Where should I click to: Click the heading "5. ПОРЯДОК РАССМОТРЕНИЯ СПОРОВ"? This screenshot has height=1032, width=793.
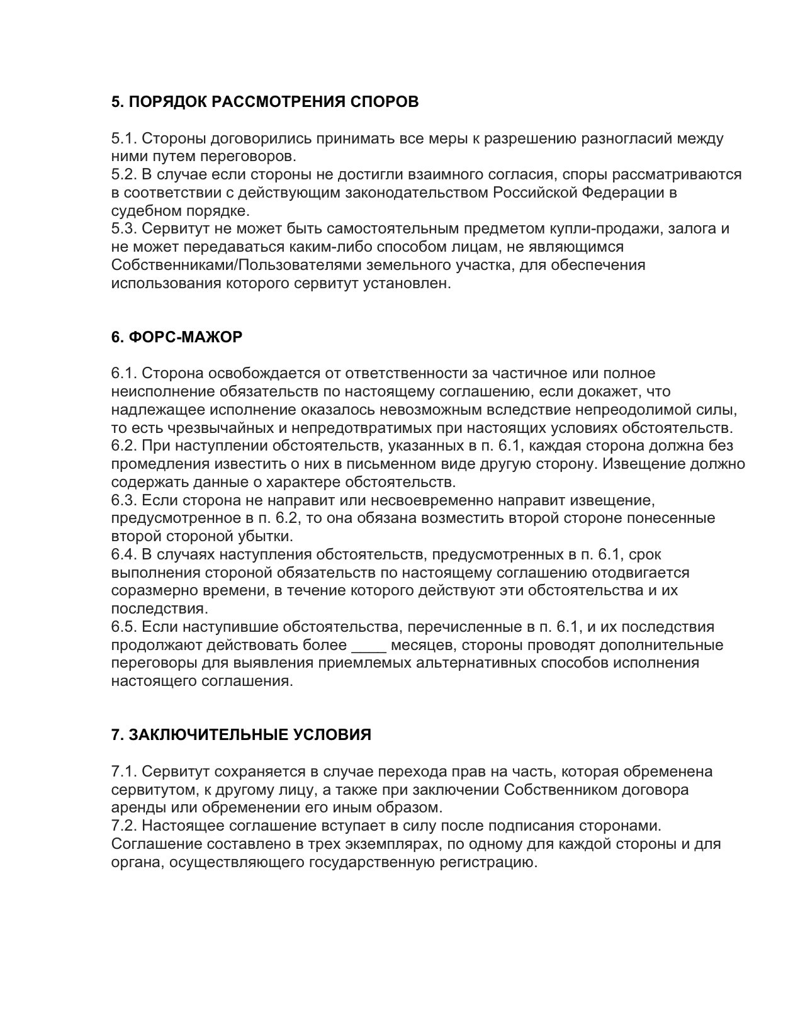pos(265,102)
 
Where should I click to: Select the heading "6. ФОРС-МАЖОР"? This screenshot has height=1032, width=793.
pos(177,337)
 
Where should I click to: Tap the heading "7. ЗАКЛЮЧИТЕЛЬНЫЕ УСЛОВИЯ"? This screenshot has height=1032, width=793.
pos(241,735)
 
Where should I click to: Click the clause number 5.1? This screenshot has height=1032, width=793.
pos(124,138)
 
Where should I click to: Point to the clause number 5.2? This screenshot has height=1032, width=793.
pos(124,174)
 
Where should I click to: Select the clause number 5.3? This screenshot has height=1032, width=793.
pos(124,228)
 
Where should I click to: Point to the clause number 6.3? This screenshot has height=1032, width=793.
pos(124,501)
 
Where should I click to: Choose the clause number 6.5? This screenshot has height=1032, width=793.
pos(124,627)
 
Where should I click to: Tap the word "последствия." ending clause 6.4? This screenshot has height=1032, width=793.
pos(159,609)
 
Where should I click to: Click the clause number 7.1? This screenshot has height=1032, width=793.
pos(124,772)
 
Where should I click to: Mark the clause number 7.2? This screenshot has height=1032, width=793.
pos(124,826)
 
